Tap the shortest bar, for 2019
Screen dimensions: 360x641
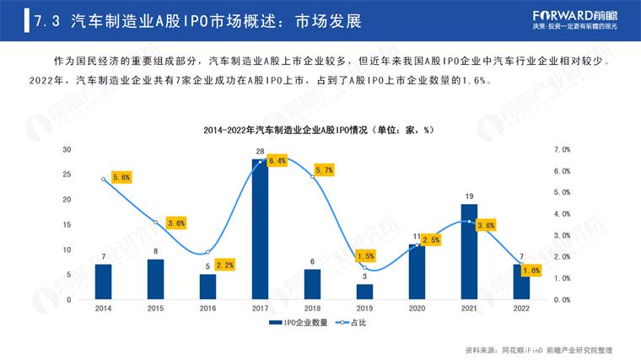point(364,292)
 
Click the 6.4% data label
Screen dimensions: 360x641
point(277,160)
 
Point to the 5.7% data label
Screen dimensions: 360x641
point(324,170)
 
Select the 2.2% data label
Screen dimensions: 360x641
point(224,265)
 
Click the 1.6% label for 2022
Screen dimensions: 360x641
point(531,271)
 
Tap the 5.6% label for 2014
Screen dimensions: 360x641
point(121,178)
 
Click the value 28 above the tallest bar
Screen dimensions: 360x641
point(260,152)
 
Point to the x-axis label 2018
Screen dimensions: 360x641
point(312,309)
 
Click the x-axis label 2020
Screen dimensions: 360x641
point(417,309)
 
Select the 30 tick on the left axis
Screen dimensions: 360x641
point(67,149)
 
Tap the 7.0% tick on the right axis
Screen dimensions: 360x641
point(562,149)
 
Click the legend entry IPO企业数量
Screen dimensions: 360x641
point(300,323)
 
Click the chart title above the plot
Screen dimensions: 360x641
point(320,130)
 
